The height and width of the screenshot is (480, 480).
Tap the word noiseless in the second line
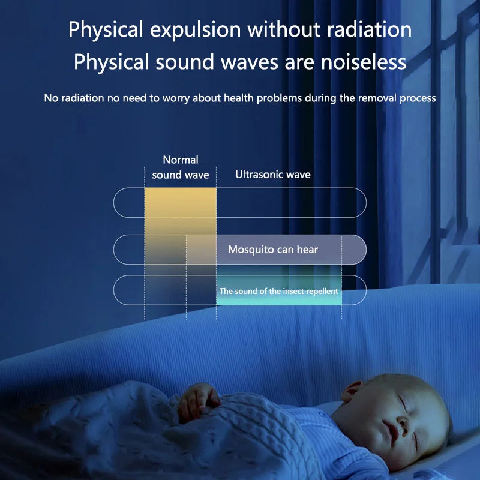pos(358,62)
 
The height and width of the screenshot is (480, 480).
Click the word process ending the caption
pos(416,98)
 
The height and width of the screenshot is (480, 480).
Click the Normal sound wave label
pos(180,167)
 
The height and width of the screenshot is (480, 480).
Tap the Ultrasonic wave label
pos(272,175)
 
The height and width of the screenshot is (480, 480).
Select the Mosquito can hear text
pos(272,250)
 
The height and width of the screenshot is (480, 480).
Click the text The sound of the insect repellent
pos(278,291)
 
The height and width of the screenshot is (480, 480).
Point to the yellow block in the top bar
pos(180,202)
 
